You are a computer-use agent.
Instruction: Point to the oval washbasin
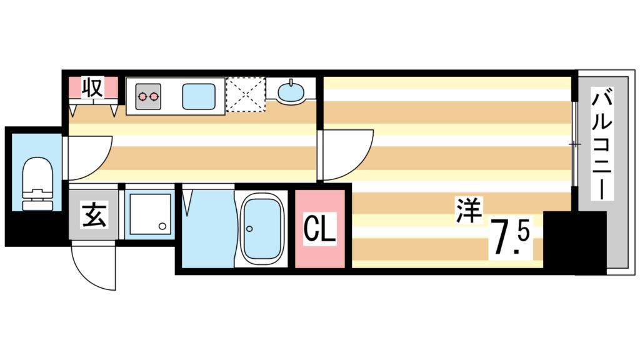click(x=291, y=92)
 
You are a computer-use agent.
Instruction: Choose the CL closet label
click(x=320, y=229)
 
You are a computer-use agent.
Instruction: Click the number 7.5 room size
click(x=511, y=238)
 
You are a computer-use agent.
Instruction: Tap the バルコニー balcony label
click(x=602, y=144)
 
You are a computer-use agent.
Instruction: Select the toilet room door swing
click(x=87, y=156)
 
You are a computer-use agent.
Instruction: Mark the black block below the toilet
click(x=34, y=229)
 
